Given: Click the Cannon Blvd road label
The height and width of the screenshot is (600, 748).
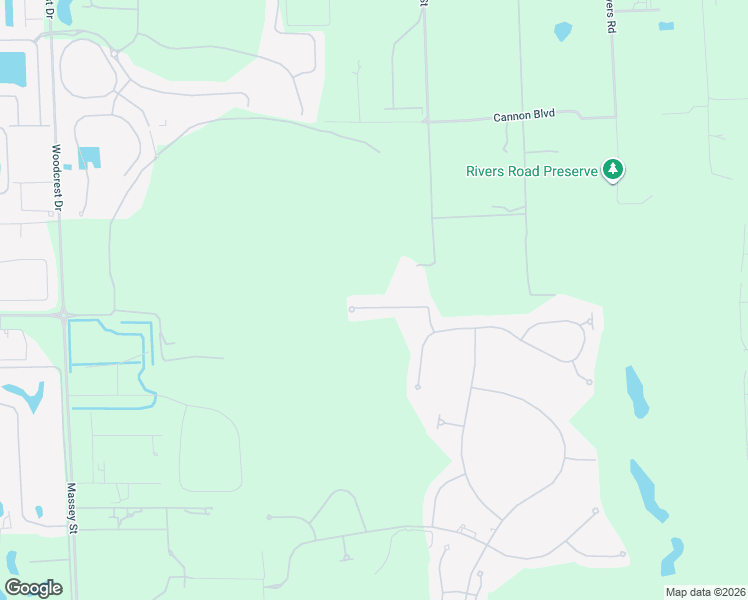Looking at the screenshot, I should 523,116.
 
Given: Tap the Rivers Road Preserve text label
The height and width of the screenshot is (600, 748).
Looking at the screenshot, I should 531,171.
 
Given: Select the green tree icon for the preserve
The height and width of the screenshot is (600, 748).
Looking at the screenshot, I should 613,169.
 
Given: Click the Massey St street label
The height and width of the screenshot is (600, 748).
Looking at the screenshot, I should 72,509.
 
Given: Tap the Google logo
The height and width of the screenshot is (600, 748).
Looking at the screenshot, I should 33,588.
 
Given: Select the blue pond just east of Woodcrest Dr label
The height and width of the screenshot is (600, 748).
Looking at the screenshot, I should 90,157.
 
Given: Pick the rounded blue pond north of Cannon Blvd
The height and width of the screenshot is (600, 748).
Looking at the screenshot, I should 563,31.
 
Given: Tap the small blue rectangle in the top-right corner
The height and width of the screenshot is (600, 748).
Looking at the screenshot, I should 667,26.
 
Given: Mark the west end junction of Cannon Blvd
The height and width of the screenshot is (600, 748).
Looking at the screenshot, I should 426,121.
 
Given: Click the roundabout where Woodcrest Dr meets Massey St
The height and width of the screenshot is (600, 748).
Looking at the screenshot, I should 64,316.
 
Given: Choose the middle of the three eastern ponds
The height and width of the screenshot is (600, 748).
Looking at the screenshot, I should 649,490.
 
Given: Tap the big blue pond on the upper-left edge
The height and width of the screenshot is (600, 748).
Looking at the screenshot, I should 12,68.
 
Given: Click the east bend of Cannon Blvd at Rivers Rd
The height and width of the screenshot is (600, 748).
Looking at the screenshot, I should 613,116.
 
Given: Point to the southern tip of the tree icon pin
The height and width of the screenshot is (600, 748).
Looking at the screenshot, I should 613,184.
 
